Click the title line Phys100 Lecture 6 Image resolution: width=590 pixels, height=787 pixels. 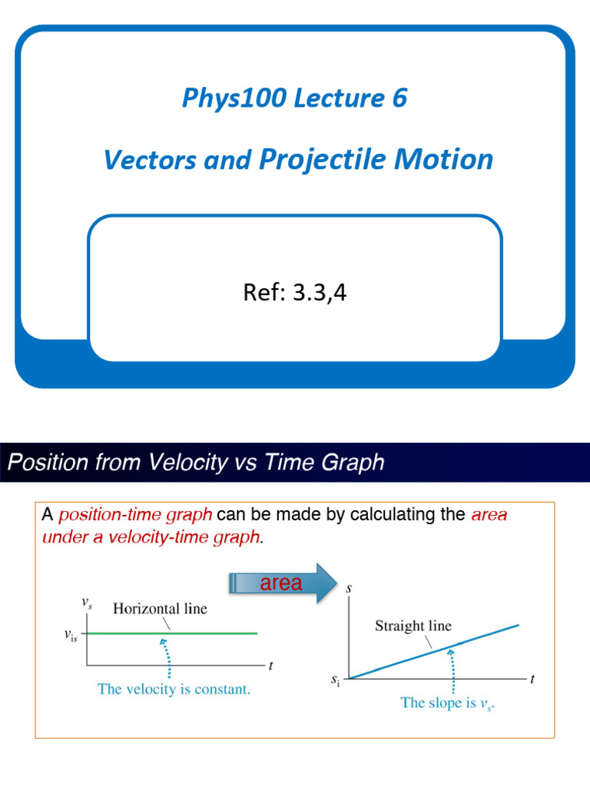click(294, 98)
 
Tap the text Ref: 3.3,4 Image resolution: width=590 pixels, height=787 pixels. click(294, 293)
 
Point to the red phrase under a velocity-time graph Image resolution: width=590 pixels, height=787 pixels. click(151, 537)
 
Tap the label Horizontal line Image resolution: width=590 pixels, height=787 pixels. click(160, 609)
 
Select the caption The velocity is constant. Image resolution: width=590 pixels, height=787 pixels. click(174, 689)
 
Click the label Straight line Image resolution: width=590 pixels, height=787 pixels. click(413, 626)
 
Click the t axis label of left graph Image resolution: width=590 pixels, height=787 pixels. click(270, 665)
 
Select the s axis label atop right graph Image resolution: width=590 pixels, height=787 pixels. click(350, 588)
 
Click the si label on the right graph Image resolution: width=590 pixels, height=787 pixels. click(335, 680)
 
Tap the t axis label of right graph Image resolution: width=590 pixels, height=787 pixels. click(532, 679)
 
